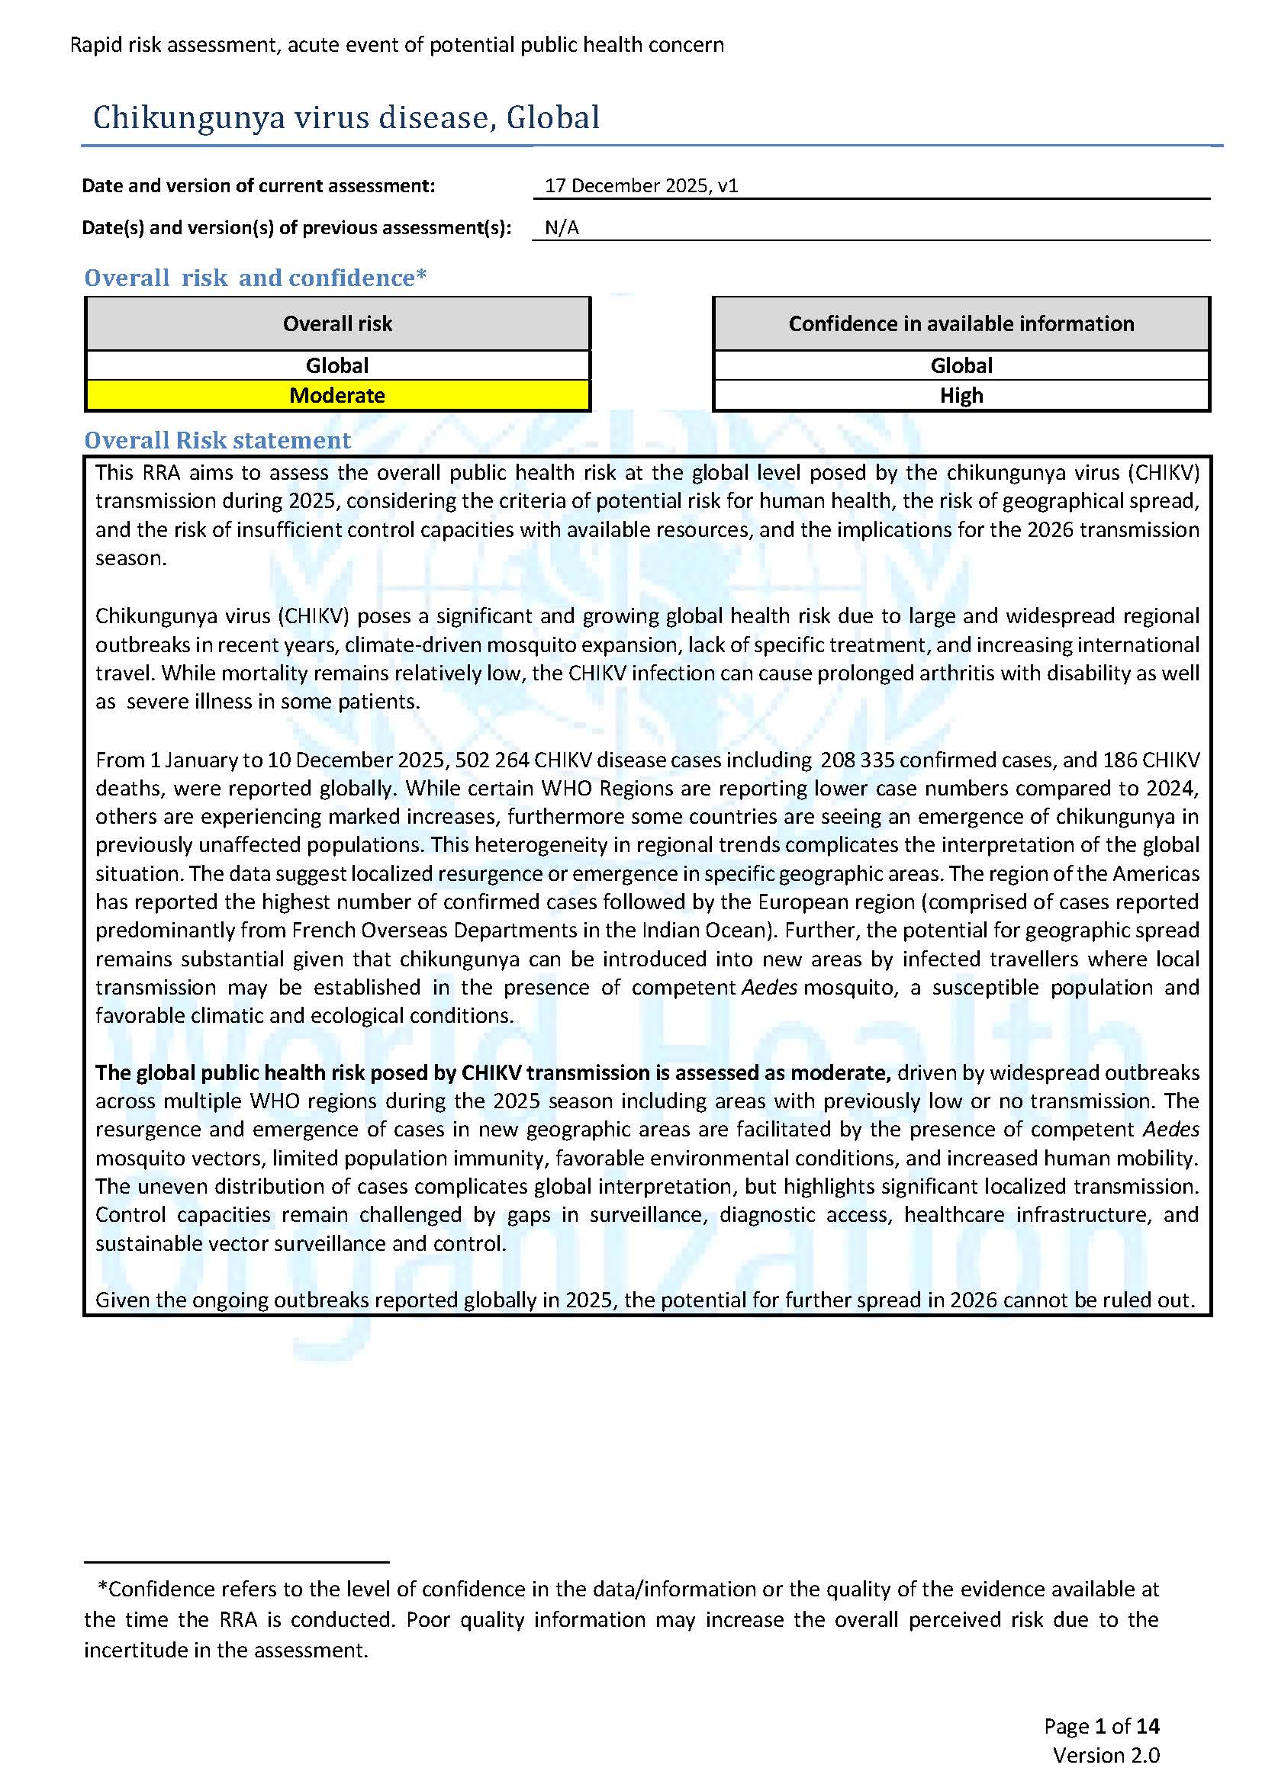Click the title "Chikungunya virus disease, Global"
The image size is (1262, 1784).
346,118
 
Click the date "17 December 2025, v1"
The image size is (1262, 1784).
641,185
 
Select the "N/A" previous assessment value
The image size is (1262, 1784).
562,227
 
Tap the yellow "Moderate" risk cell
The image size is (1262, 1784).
337,396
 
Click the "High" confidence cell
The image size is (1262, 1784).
961,396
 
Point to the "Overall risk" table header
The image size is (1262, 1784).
337,323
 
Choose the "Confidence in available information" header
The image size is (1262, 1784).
961,323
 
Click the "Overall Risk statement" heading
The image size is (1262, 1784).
217,441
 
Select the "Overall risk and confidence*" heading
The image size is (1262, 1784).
256,278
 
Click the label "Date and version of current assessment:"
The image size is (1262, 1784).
259,185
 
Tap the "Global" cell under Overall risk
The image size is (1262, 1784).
337,365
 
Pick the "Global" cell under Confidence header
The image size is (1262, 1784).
961,365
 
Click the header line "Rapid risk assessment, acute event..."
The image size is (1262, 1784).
397,45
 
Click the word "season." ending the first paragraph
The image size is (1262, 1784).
131,558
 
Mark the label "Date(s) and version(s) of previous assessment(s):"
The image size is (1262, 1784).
297,227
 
